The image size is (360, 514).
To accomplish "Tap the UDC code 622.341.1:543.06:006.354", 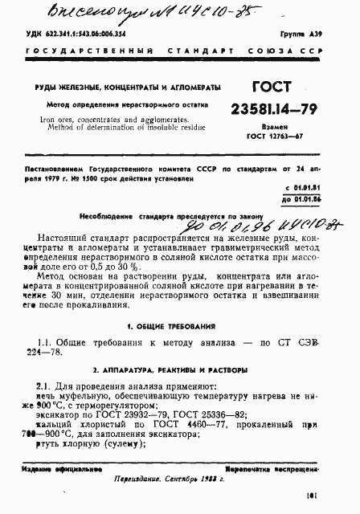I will [x=90, y=39].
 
